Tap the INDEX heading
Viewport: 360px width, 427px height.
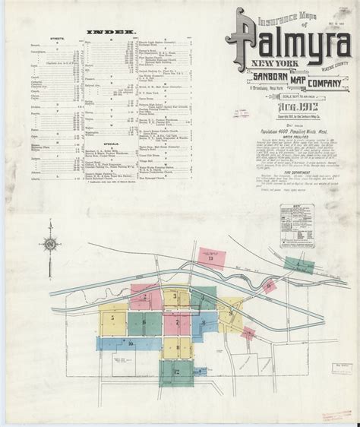coord(107,33)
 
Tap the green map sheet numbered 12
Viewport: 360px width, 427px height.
coord(176,372)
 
